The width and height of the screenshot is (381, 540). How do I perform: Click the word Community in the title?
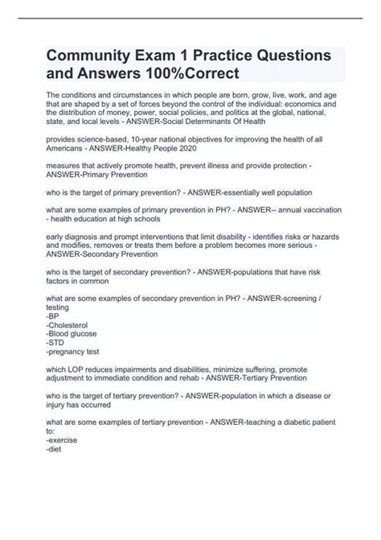click(92, 58)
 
